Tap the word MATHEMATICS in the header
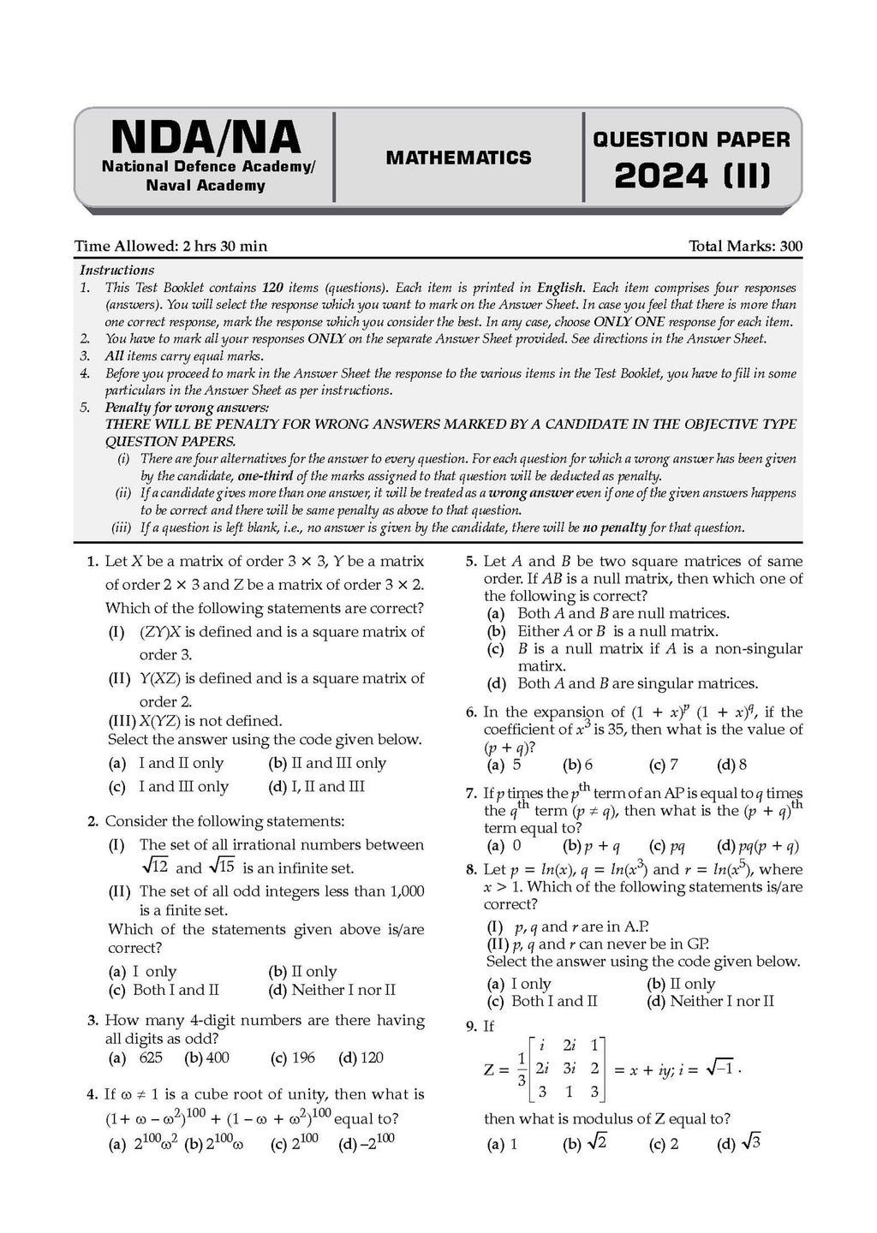pos(458,158)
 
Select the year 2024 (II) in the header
pos(692,176)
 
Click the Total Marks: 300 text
pos(745,247)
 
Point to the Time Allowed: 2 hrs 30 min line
pos(171,247)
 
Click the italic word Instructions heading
pos(116,270)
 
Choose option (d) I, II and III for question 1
pos(316,786)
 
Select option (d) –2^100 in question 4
pos(367,1143)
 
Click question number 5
pos(470,562)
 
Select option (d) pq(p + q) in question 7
pos(758,846)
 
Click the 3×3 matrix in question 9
pos(567,1069)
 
